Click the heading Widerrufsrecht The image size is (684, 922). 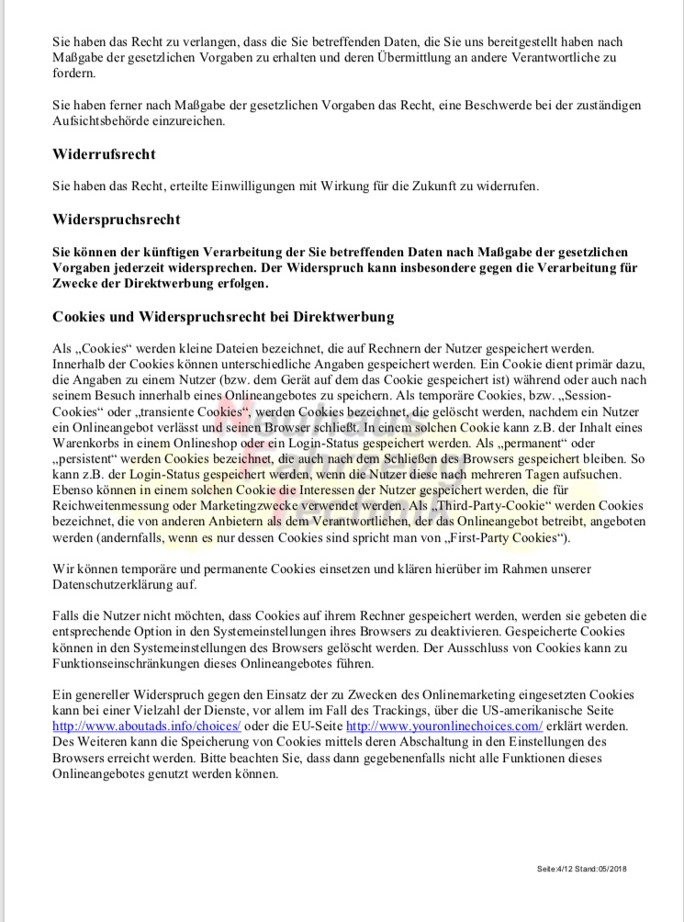click(104, 154)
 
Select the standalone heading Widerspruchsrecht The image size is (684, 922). click(116, 219)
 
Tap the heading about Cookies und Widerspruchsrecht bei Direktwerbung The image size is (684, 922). click(223, 317)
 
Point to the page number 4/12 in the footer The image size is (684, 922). click(564, 868)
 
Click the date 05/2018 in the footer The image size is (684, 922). click(612, 868)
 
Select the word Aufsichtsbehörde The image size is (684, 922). click(105, 121)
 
